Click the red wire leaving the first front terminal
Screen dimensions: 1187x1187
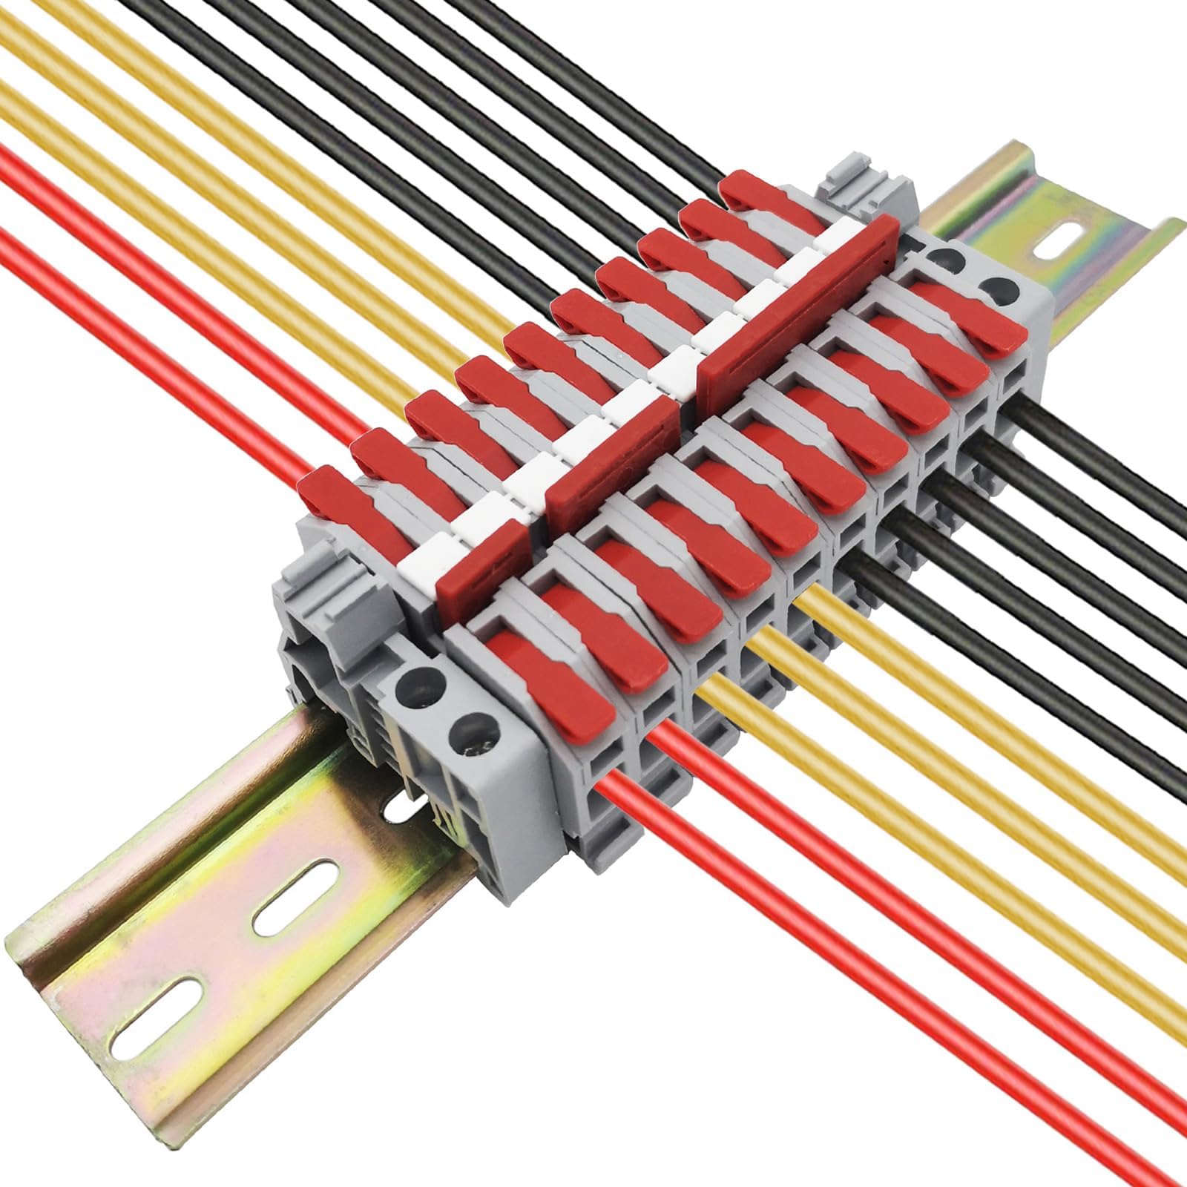pyautogui.click(x=742, y=890)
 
